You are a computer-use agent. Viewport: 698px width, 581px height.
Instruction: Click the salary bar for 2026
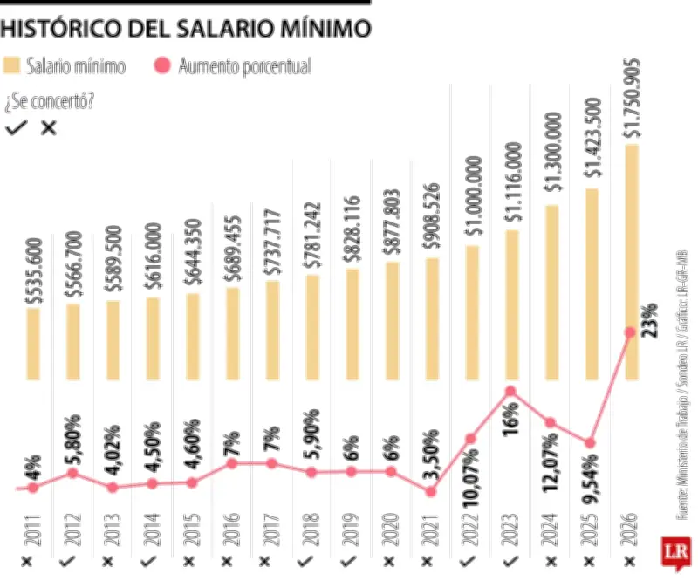(x=632, y=262)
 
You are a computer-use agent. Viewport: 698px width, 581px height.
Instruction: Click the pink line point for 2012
(x=73, y=473)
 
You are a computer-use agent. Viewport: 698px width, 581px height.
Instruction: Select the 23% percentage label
(x=650, y=324)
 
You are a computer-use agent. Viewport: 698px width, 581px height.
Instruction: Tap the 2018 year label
(x=312, y=528)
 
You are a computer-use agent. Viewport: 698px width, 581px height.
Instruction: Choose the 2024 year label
(x=551, y=528)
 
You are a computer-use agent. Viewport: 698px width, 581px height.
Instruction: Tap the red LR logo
(x=676, y=553)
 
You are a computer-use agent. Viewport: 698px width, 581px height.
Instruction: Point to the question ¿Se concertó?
(x=49, y=100)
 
